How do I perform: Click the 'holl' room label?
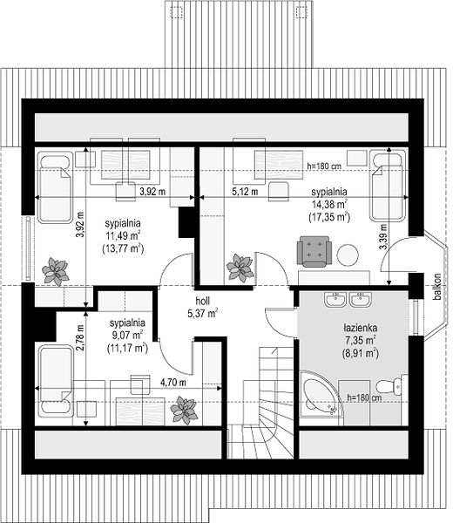point(202,301)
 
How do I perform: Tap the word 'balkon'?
point(437,287)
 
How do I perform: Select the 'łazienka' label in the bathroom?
point(361,328)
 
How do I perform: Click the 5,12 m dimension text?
point(245,192)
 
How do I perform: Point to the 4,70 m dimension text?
point(173,383)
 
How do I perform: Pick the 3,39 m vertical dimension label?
point(383,236)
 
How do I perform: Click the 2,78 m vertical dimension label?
point(79,338)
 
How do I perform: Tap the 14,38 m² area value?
point(329,204)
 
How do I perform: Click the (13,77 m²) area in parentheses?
point(123,248)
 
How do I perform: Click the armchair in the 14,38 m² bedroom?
point(314,252)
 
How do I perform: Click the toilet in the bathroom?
point(392,386)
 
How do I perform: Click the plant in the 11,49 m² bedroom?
point(56,271)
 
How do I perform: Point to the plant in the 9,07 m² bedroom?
point(184,410)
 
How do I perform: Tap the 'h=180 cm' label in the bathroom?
point(364,397)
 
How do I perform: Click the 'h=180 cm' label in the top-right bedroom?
point(324,166)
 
